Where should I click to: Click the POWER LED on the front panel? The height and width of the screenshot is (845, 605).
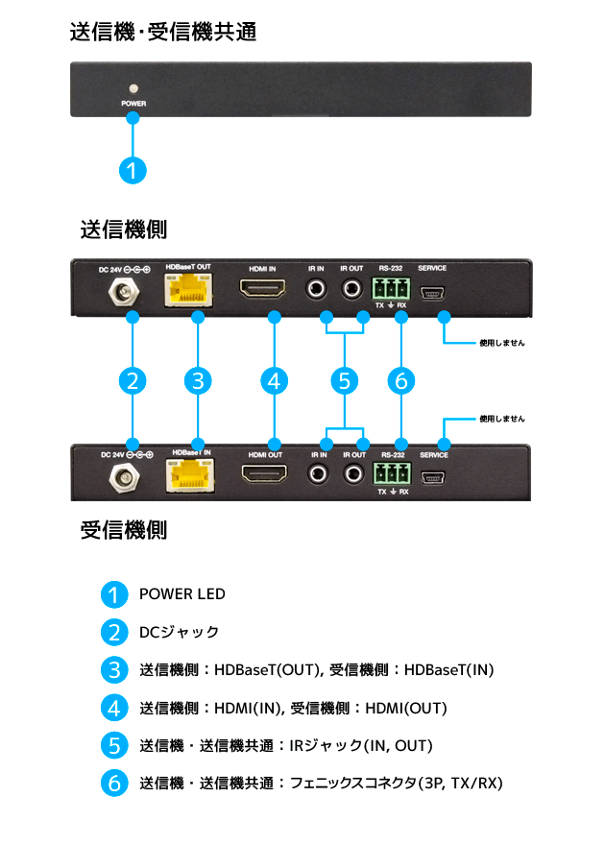pos(133,85)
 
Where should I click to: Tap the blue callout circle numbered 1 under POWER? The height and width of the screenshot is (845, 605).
pos(133,171)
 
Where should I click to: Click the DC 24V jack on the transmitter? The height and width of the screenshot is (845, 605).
pos(124,293)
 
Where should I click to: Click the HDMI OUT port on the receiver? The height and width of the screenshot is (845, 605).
pos(262,474)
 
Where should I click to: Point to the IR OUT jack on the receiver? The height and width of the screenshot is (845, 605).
pos(353,473)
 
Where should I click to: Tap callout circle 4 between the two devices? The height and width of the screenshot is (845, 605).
pos(275,381)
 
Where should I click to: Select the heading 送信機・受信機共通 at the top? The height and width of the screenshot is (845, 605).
pos(162,32)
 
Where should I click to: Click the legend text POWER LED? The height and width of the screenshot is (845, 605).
pos(182,594)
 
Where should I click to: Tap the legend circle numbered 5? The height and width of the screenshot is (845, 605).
pos(114,745)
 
